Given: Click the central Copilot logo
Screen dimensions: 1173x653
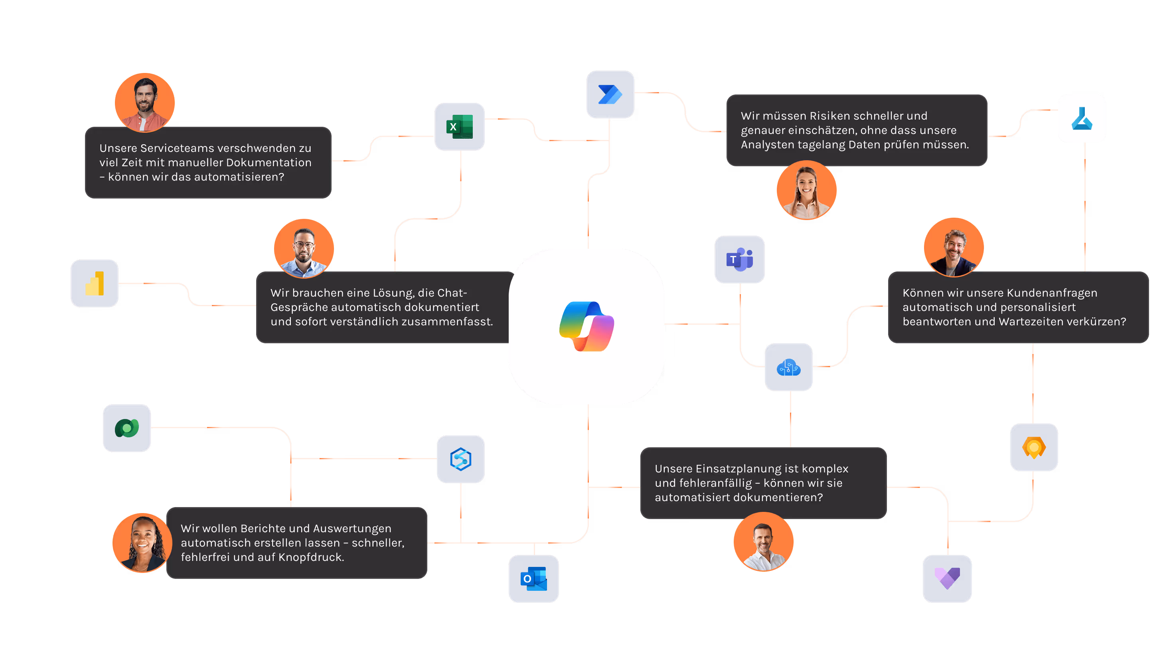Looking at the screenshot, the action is pos(586,326).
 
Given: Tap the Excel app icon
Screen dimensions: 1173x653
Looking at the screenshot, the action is pos(460,126).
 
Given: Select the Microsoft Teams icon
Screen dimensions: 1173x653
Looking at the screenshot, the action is pos(739,260).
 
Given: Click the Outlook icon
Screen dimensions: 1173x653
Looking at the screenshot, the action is pos(534,578).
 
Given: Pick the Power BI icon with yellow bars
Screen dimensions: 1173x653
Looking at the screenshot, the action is pos(94,283).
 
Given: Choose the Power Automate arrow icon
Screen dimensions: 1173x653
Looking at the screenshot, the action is pos(610,94).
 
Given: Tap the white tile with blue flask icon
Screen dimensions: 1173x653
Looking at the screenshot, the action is pos(1082,118).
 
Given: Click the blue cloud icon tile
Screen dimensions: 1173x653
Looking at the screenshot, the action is pos(789,367).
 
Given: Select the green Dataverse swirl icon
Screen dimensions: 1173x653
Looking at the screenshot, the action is pos(126,428).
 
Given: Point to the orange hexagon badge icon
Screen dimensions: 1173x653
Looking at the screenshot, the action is pos(1034,447).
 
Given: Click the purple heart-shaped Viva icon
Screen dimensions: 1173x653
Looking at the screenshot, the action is pos(947,578).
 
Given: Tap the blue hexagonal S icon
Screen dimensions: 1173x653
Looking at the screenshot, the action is pos(460,459).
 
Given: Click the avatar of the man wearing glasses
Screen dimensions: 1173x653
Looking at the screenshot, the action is pos(304,248).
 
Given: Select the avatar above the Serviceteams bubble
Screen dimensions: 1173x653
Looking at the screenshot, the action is pos(145,102).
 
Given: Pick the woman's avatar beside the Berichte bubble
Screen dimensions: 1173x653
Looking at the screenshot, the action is pos(142,543).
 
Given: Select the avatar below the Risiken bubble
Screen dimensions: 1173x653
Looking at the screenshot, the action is pos(806,190).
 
